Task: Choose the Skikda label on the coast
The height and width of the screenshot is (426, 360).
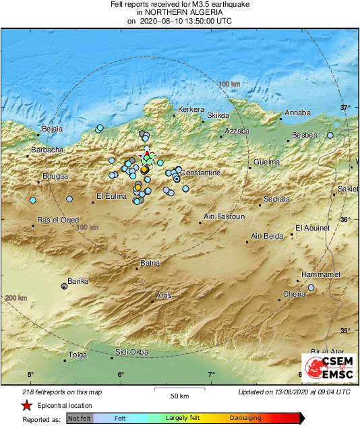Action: click(218, 115)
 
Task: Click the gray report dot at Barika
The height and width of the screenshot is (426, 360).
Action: click(65, 286)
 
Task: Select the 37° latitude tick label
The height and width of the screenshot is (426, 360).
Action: click(345, 107)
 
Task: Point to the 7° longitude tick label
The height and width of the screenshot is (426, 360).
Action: click(211, 374)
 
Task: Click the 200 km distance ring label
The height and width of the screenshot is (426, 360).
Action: click(16, 298)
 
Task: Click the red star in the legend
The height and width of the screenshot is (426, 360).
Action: click(26, 406)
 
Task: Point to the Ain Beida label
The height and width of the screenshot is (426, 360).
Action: click(267, 236)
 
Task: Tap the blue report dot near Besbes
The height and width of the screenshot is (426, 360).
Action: click(330, 135)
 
